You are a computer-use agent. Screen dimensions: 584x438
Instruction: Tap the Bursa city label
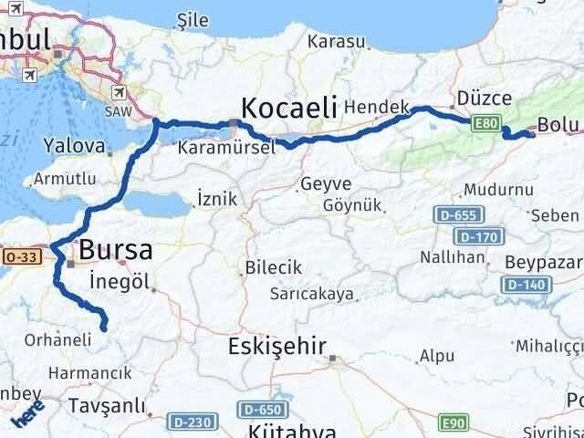(x=115, y=249)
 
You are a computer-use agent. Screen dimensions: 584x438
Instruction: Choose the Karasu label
(x=337, y=41)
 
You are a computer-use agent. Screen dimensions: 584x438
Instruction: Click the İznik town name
(x=216, y=198)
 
